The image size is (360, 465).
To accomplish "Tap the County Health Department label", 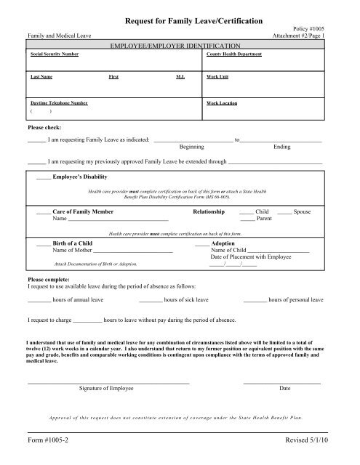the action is (x=234, y=54).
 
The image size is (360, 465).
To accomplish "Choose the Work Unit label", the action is (x=218, y=76).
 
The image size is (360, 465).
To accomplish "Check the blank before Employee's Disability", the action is (x=44, y=177).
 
